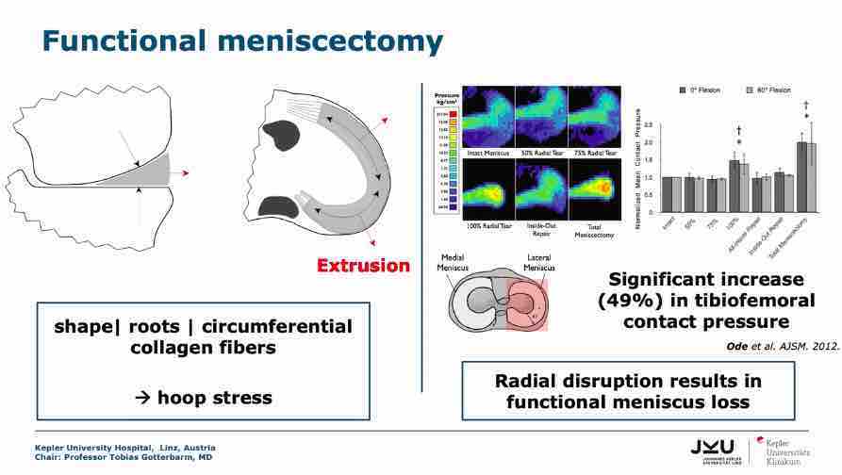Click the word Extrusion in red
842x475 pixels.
tap(363, 265)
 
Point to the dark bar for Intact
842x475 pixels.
tap(665, 193)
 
